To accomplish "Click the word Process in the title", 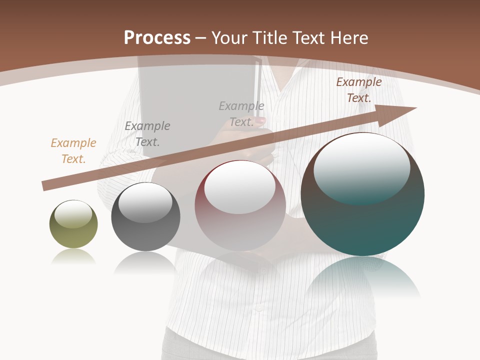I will pos(157,38).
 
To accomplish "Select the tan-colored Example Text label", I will pos(73,151).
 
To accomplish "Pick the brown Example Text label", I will pos(358,90).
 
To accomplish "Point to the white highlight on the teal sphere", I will pos(361,167).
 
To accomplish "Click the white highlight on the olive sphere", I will pos(73,214).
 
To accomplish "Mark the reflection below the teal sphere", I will pos(362,277).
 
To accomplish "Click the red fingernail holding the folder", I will pos(260,120).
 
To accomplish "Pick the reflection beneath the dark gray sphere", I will pos(145,262).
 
